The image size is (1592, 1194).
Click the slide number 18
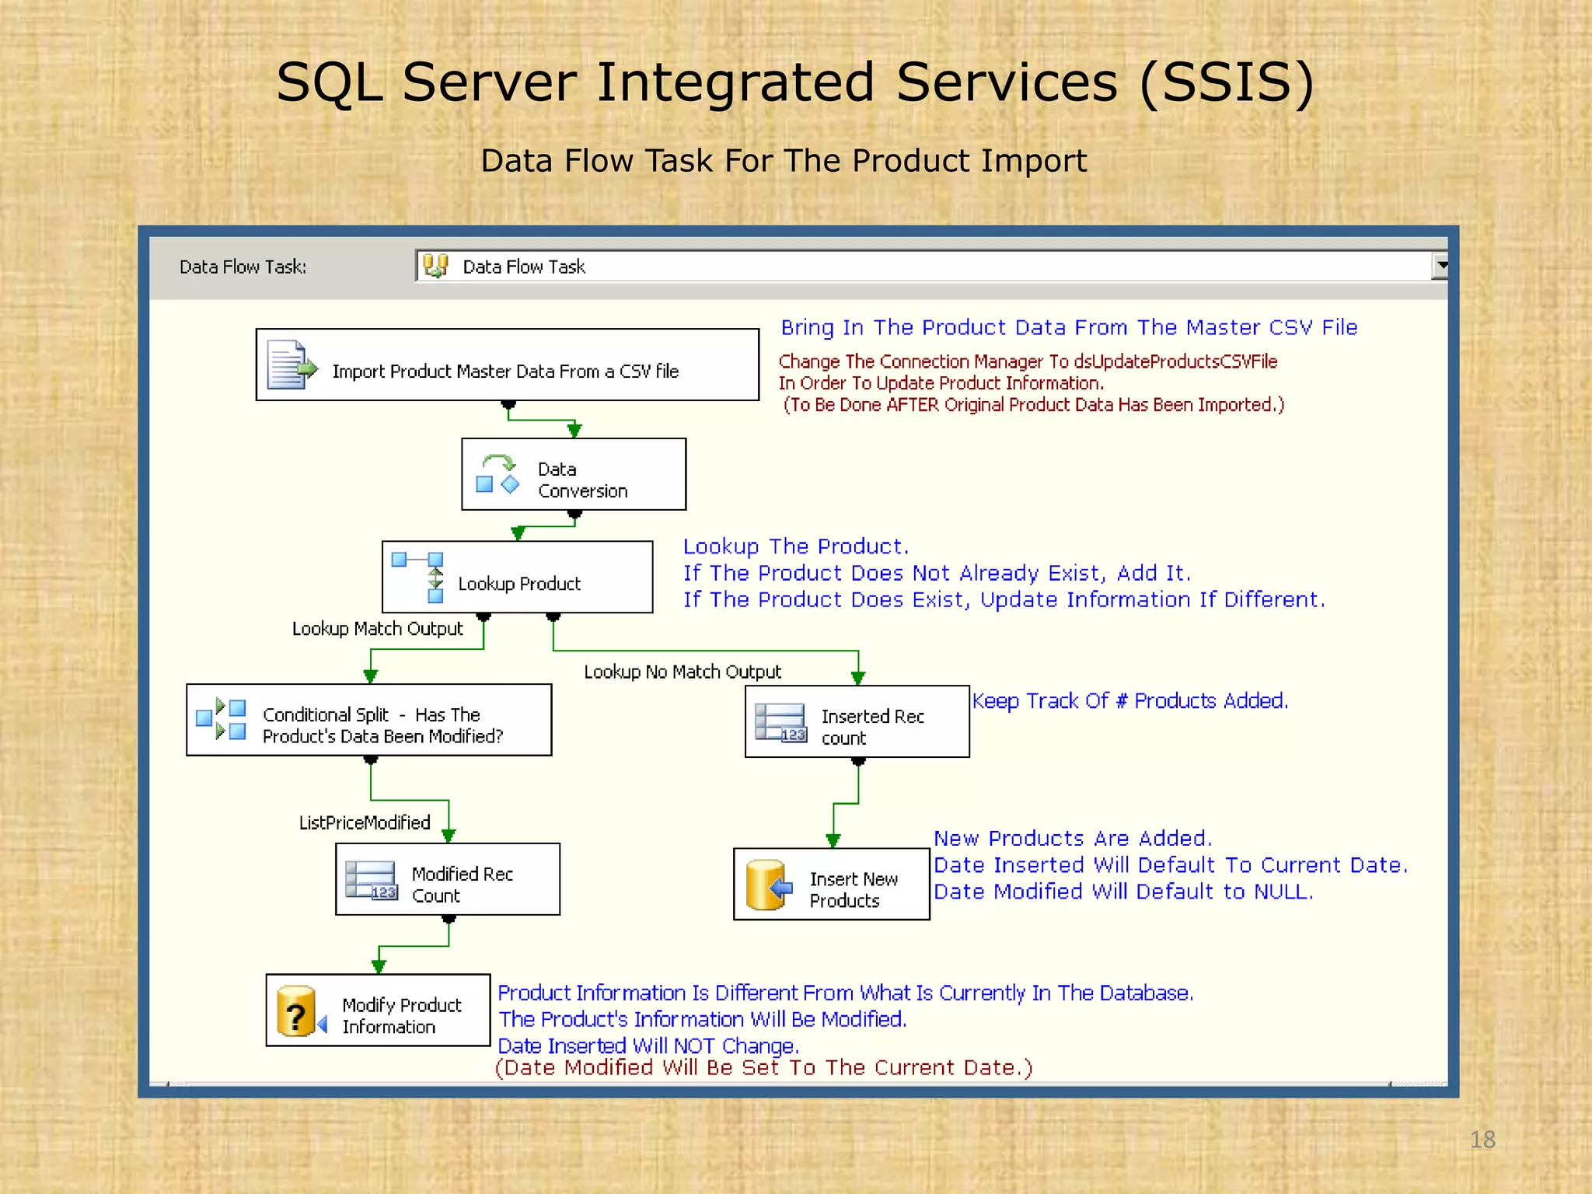[x=1482, y=1140]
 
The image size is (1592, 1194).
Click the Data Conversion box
[x=574, y=475]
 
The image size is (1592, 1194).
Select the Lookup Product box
[x=518, y=578]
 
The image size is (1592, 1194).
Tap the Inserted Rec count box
[x=857, y=722]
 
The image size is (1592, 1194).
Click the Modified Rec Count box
[x=448, y=880]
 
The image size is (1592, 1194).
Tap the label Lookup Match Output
[x=377, y=629]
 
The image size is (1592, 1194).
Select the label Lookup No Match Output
[x=683, y=672]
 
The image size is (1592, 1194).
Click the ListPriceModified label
[x=365, y=823]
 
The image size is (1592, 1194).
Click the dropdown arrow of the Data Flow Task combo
[x=1440, y=266]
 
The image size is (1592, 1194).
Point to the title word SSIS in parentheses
[x=1227, y=82]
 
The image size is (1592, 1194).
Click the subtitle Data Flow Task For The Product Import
[x=783, y=161]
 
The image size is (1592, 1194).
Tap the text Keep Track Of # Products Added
[x=1129, y=701]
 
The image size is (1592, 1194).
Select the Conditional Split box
[x=369, y=721]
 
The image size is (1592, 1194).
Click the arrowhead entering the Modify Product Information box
[x=379, y=967]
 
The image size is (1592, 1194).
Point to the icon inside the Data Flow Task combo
[x=436, y=266]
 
